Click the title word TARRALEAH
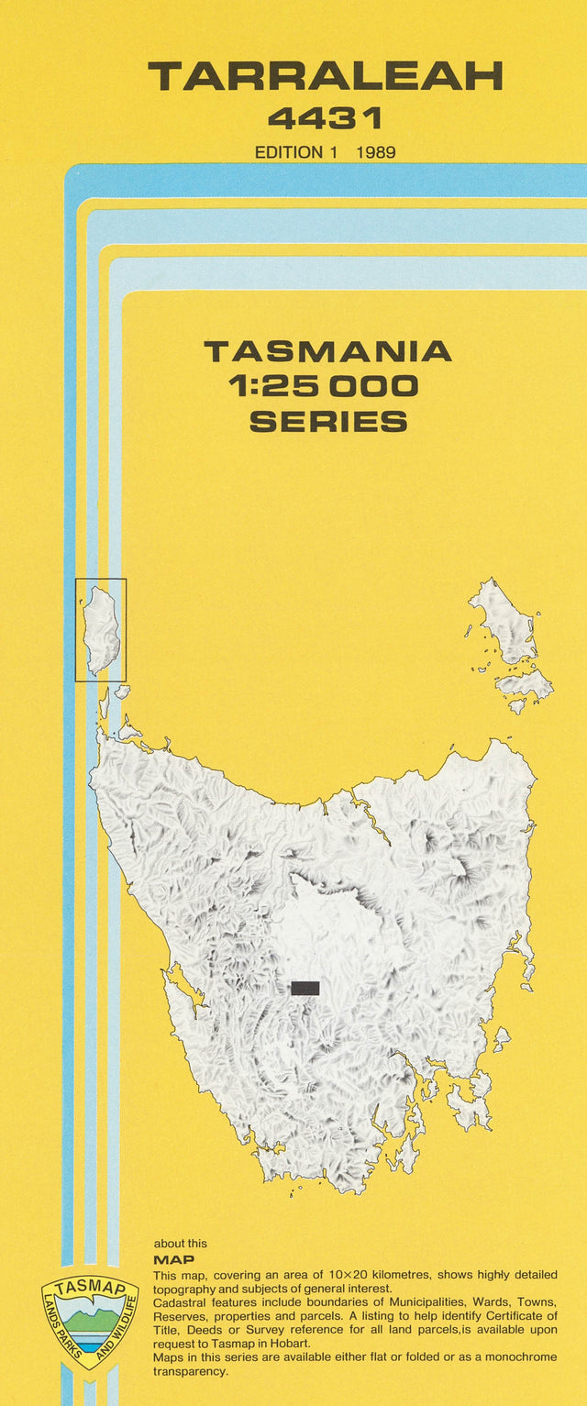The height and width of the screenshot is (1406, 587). click(326, 76)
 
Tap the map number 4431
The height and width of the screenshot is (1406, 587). click(325, 117)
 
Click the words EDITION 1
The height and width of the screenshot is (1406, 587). click(289, 152)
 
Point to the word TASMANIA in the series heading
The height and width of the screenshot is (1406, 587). click(327, 352)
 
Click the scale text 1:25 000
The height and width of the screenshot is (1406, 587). click(327, 386)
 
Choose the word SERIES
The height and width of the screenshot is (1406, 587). click(327, 421)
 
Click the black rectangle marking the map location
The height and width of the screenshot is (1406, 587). click(305, 988)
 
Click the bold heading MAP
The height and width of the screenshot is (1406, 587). click(173, 1260)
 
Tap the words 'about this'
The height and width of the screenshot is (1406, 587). click(181, 1244)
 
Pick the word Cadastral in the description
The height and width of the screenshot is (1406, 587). click(183, 1302)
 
